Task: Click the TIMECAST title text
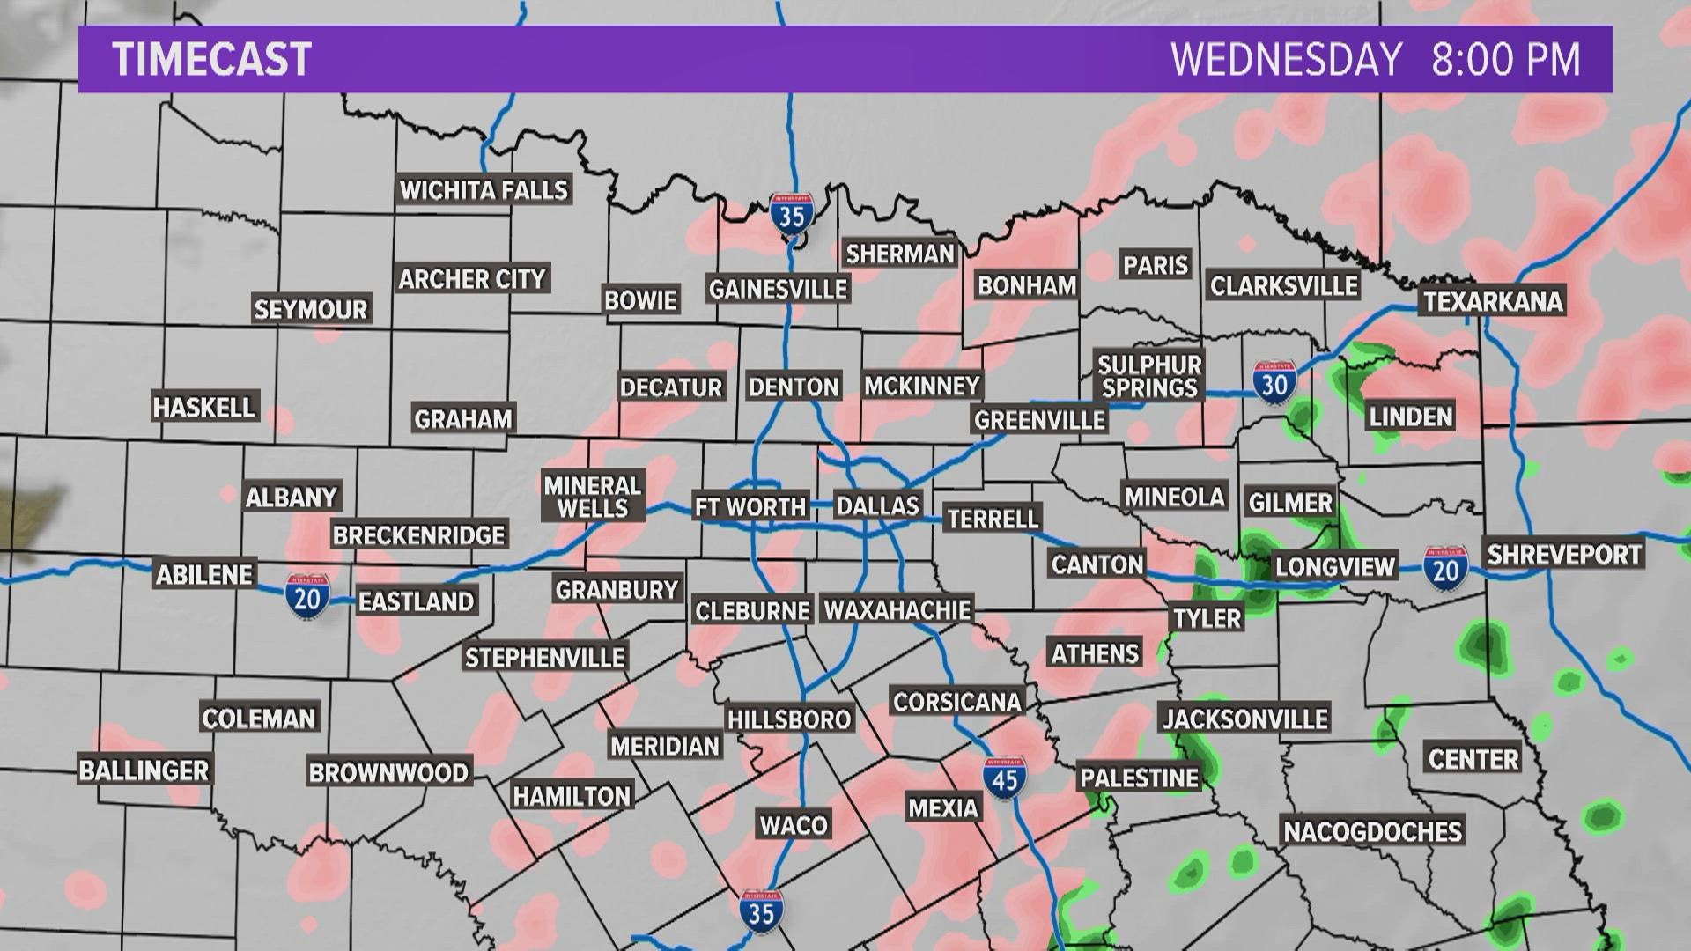(x=212, y=60)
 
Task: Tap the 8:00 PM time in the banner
(x=1506, y=60)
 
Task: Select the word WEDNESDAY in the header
(x=1286, y=60)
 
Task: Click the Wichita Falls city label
(x=484, y=190)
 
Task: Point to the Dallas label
(x=877, y=505)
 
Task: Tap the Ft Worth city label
(x=750, y=506)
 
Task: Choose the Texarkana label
(x=1493, y=301)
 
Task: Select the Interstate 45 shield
(x=1005, y=778)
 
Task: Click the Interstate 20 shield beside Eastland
(x=306, y=597)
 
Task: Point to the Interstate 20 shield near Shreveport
(x=1445, y=568)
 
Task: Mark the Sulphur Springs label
(x=1149, y=376)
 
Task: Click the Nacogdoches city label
(x=1372, y=831)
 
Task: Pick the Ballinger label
(x=144, y=770)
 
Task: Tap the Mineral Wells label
(x=593, y=497)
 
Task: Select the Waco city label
(x=794, y=825)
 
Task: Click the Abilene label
(x=205, y=574)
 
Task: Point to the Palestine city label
(x=1140, y=778)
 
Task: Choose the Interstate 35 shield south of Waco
(x=761, y=911)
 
